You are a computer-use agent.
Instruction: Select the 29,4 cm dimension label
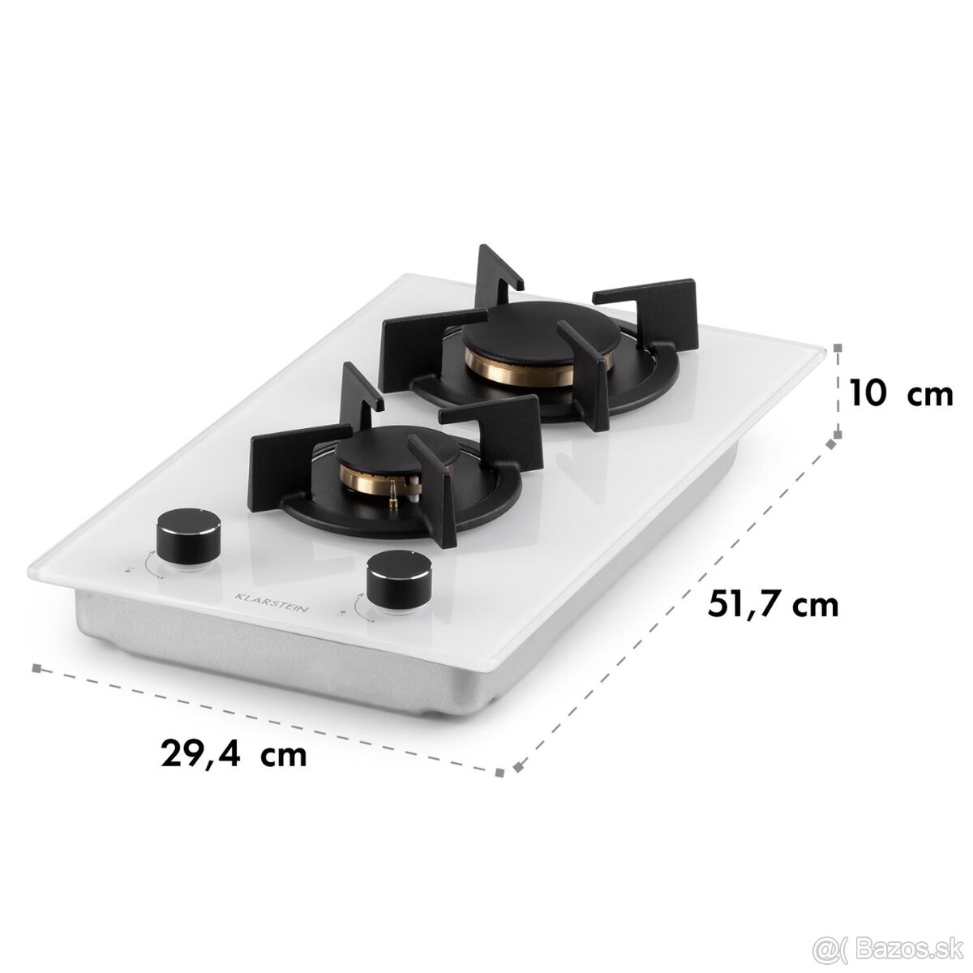(x=234, y=752)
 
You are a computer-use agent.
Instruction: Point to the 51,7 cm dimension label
(x=765, y=604)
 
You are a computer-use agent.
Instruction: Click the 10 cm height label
(x=901, y=395)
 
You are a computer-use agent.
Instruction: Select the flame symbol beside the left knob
(x=131, y=571)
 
